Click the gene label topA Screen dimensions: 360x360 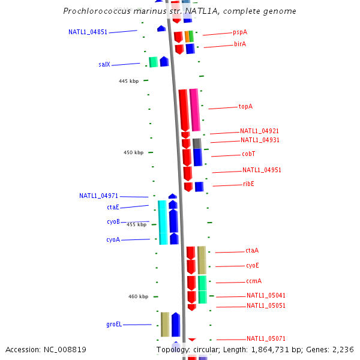245,107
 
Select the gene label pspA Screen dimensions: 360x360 240,32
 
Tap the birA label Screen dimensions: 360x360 240,44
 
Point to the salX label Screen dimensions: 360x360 104,64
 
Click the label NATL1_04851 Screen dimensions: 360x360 88,32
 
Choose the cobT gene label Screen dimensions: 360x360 249,154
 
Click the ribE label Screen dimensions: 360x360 248,184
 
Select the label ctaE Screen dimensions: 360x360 113,207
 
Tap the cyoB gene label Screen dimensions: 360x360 113,222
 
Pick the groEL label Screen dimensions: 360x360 114,325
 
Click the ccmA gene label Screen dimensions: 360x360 254,281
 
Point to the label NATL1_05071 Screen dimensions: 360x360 266,338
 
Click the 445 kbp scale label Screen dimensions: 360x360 129,81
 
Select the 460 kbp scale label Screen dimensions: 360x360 138,296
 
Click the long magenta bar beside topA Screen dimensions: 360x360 194,110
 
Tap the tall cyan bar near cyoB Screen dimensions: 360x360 163,222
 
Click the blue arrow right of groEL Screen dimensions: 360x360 176,325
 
